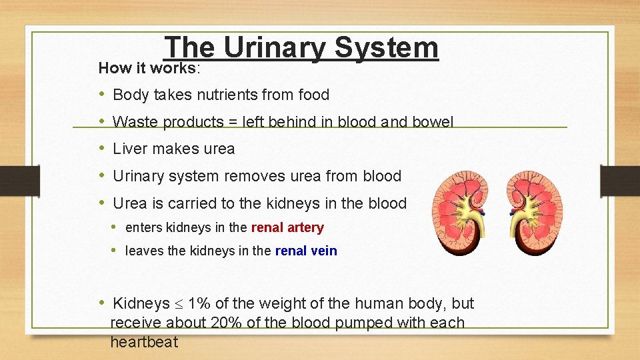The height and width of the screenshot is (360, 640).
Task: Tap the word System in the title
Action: click(x=387, y=49)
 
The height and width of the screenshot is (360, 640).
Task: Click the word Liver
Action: click(x=133, y=149)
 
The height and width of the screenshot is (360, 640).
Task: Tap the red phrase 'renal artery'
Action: click(x=287, y=228)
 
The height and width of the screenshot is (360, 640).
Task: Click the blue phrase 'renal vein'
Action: click(x=306, y=251)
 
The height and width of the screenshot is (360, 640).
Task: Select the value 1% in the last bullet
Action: click(x=199, y=304)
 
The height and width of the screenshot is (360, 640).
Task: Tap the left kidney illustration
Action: click(x=459, y=212)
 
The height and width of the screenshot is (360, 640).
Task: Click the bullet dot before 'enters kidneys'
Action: click(x=115, y=227)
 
